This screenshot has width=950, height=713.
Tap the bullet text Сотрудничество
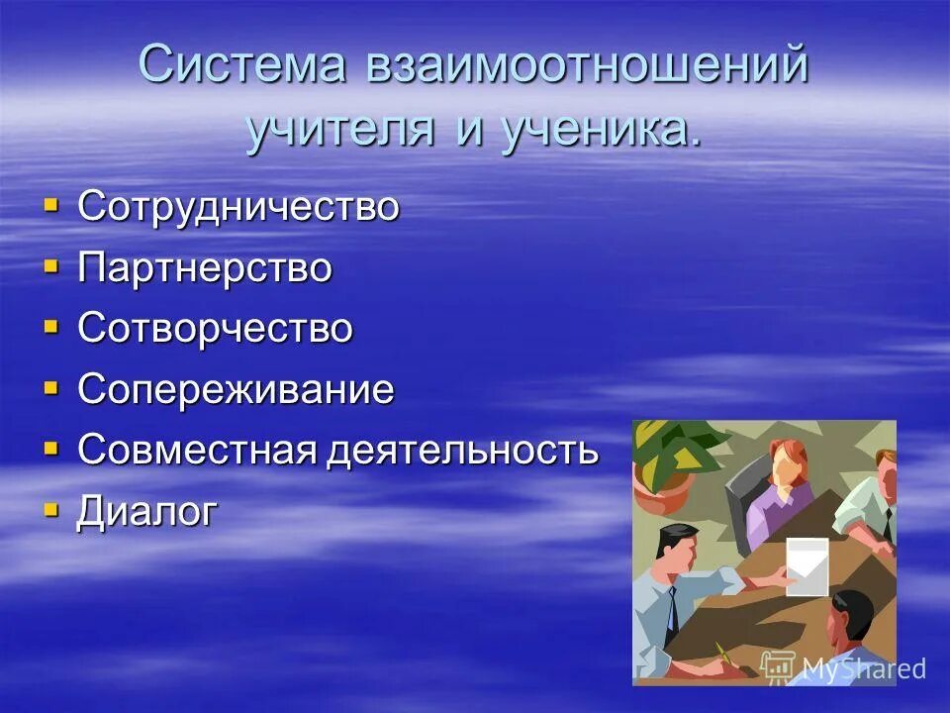[238, 207]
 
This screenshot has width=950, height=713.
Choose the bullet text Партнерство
[205, 268]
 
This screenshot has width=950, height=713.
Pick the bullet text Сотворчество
[215, 329]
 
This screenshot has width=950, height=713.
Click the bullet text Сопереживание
[236, 389]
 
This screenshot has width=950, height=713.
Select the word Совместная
[197, 451]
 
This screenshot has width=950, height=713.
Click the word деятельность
[463, 451]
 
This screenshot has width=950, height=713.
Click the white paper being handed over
[807, 566]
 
